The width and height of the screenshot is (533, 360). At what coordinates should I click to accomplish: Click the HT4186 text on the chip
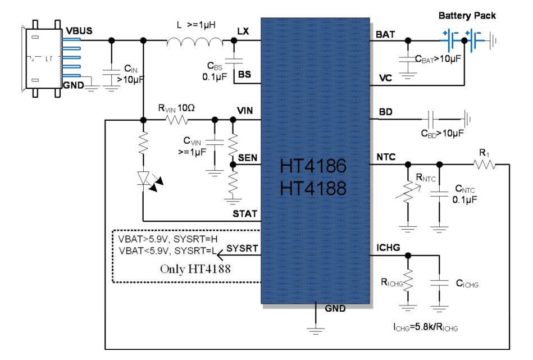click(313, 167)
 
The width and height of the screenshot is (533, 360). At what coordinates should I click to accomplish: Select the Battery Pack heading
click(467, 16)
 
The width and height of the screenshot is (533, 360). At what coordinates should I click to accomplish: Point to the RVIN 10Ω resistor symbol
click(179, 120)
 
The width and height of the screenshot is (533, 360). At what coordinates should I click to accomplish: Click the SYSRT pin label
click(242, 248)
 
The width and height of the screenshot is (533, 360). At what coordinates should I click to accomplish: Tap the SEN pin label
click(248, 158)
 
